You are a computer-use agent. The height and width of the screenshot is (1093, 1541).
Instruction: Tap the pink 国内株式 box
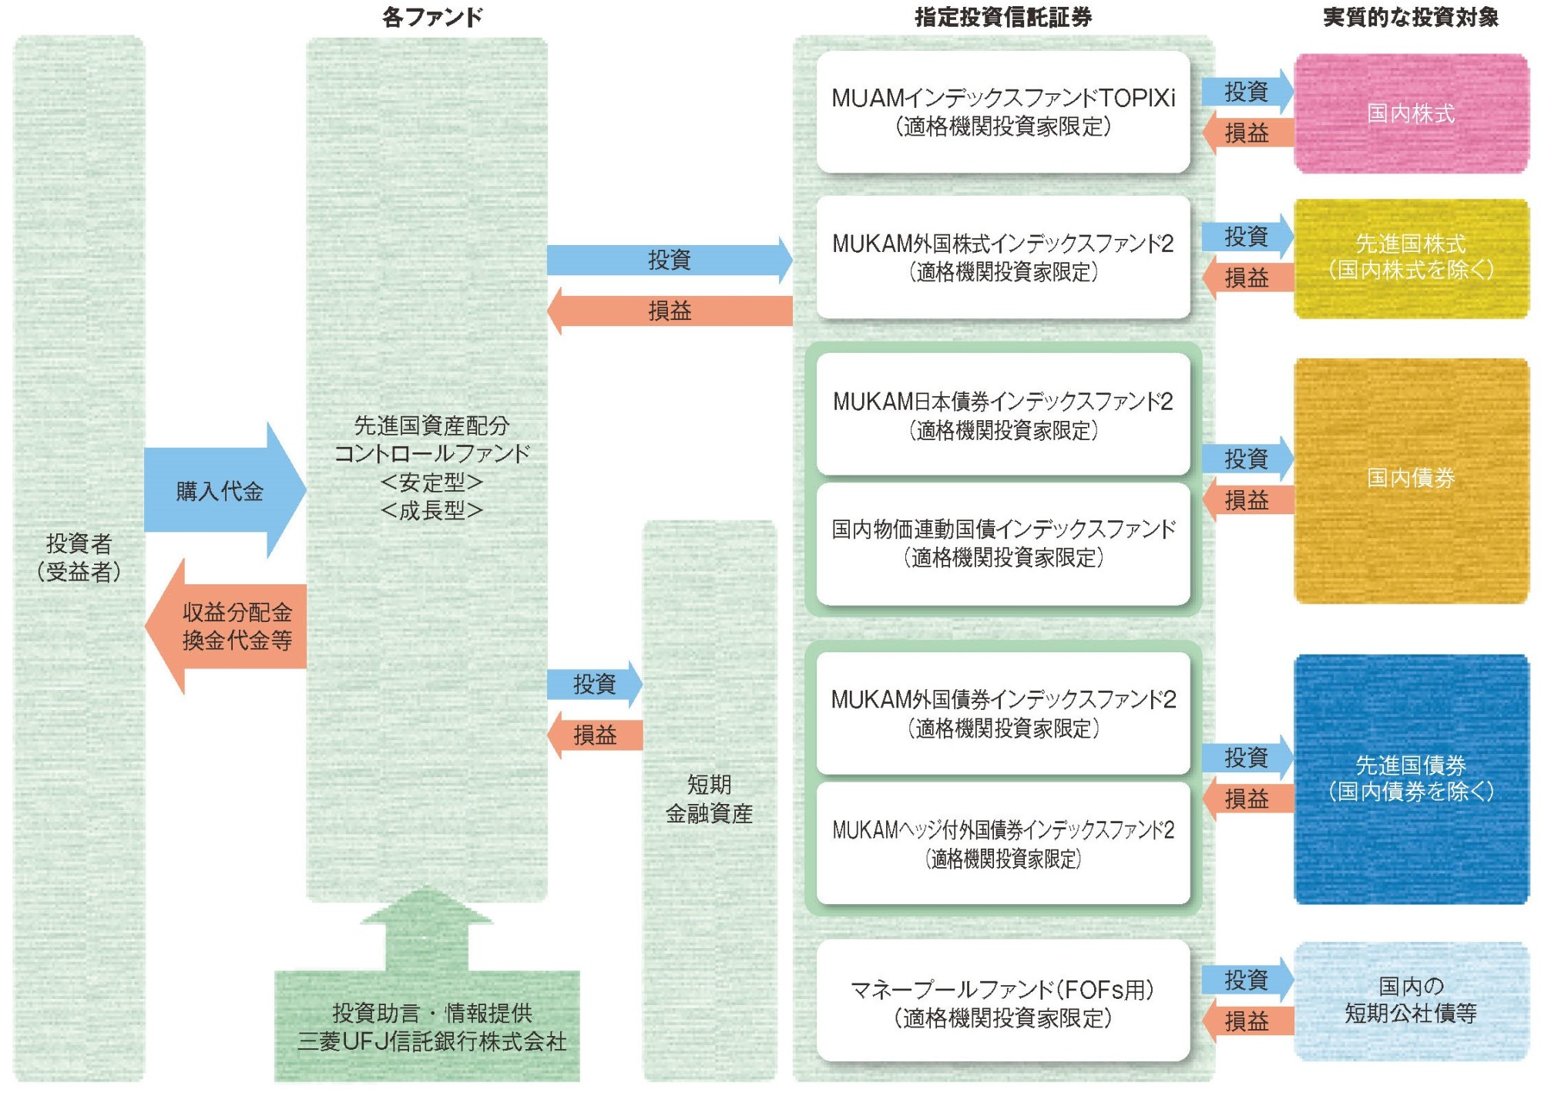coord(1411,113)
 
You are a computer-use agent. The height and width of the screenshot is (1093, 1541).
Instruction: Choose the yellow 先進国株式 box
coord(1411,257)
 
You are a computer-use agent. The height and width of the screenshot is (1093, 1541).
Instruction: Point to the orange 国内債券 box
coord(1411,479)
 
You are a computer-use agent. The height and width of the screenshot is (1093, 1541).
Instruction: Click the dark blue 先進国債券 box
coord(1411,779)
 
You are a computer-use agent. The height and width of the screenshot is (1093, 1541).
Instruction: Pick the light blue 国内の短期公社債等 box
coord(1411,1000)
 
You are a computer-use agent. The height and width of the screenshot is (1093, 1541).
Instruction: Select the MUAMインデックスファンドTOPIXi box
coord(1003,112)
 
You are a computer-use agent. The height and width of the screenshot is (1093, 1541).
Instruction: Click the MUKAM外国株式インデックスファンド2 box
coord(1003,257)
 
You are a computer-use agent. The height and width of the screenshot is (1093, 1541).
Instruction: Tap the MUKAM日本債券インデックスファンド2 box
coord(1003,415)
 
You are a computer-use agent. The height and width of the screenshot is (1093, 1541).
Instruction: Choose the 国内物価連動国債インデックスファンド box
coord(1003,543)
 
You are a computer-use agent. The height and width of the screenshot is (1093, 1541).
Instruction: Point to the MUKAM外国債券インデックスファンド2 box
coord(1003,713)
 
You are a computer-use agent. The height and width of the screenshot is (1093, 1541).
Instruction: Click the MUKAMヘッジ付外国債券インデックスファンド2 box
coord(1003,843)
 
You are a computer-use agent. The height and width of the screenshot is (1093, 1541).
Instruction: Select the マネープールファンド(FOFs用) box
coord(1003,1001)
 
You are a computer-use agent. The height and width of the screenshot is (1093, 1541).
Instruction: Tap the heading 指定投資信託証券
coord(1003,17)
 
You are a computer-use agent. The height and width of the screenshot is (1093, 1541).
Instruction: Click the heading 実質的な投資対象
coord(1411,17)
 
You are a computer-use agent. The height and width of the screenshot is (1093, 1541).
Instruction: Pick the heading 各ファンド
coord(432,17)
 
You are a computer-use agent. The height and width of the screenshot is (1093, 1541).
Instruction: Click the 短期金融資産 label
coord(709,799)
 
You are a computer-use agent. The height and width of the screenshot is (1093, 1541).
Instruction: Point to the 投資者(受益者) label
coord(79,557)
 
